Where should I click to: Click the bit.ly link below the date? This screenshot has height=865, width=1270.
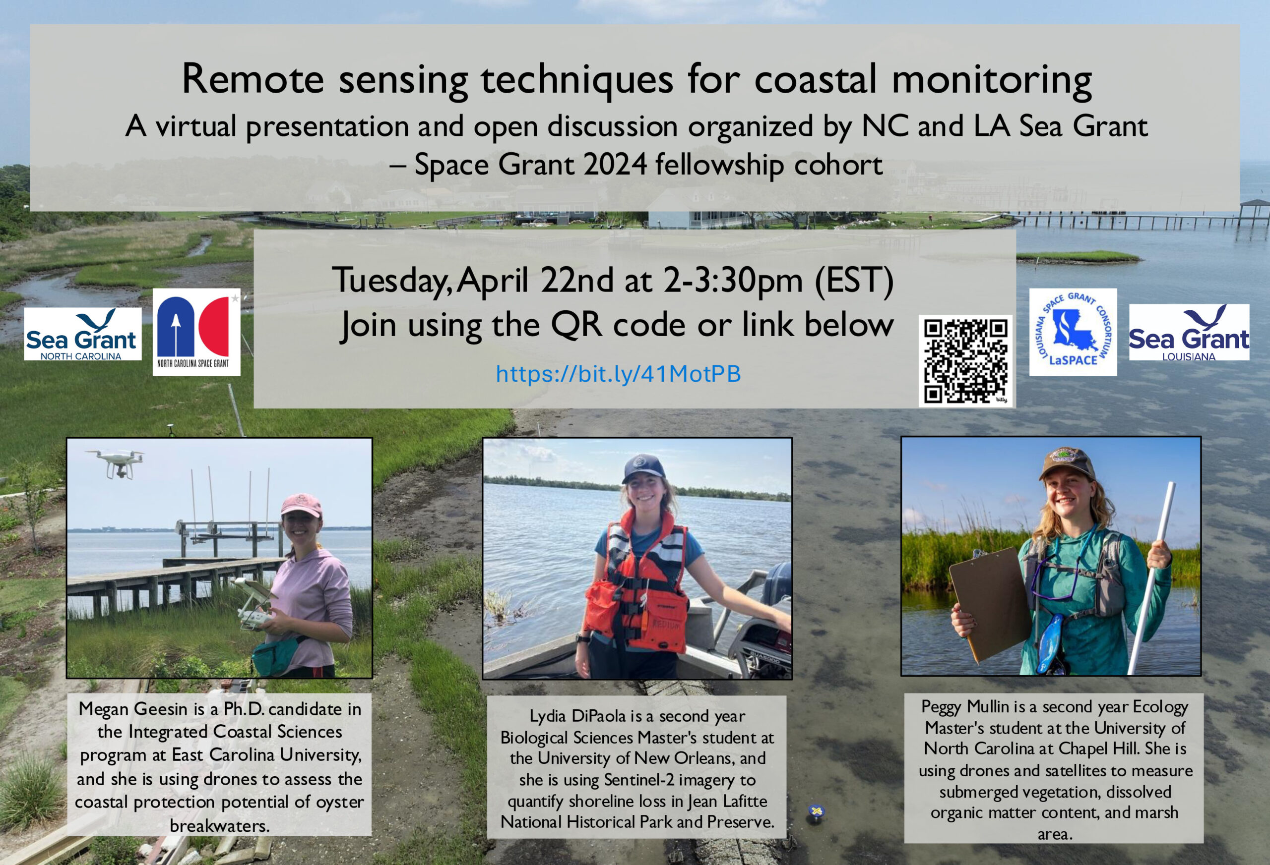[x=618, y=374]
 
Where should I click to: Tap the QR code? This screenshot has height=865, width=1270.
[x=965, y=360]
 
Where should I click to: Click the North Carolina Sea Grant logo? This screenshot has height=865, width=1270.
[x=82, y=334]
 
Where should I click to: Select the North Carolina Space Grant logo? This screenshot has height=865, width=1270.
[x=196, y=332]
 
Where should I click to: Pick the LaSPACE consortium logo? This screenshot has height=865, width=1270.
[x=1073, y=332]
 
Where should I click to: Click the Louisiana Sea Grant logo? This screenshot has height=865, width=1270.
[x=1189, y=333]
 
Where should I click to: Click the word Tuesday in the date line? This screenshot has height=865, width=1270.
[x=391, y=281]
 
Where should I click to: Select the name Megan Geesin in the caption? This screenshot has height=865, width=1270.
[x=133, y=709]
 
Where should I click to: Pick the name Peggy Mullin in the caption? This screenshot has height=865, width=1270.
[x=965, y=707]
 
